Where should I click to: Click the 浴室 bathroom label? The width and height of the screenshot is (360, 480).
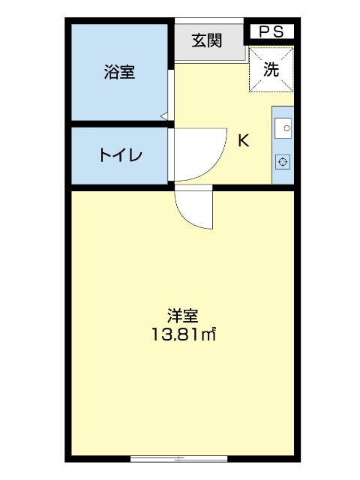tap(119, 73)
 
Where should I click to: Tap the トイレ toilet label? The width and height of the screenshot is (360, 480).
tap(119, 156)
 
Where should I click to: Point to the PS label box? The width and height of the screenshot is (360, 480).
tap(271, 31)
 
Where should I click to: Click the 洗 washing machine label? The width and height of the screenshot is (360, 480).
tap(271, 69)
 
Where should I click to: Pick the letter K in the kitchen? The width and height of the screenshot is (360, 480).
tap(244, 140)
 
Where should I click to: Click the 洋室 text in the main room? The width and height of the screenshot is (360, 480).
tap(182, 316)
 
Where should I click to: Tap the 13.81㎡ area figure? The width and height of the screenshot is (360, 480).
tap(182, 334)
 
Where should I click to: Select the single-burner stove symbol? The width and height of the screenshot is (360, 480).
tap(283, 162)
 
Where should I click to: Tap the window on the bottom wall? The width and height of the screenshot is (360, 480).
tap(178, 457)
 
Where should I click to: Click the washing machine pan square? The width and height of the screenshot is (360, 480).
tap(271, 69)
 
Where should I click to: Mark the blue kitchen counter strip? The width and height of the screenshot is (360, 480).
tap(283, 146)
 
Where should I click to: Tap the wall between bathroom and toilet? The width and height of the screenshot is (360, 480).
tap(119, 124)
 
